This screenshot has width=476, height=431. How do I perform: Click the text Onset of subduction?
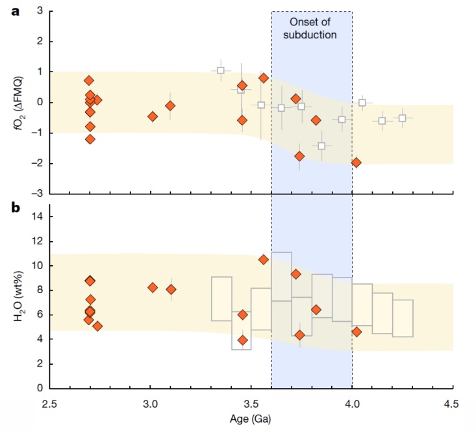click(x=312, y=28)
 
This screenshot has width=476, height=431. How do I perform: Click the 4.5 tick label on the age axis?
click(x=453, y=403)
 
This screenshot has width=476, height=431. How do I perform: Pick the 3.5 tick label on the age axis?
click(x=251, y=403)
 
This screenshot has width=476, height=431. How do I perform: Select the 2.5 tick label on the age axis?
click(x=50, y=403)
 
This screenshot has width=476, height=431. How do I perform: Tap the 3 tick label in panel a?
click(x=40, y=11)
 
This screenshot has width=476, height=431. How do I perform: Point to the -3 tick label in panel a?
click(x=38, y=193)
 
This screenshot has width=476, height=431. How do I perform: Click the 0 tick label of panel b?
click(x=40, y=388)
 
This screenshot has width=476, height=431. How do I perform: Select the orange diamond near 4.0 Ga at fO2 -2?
click(x=356, y=163)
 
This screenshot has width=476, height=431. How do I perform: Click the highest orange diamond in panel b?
click(x=264, y=259)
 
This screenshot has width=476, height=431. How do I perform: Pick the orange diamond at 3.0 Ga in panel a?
click(x=153, y=116)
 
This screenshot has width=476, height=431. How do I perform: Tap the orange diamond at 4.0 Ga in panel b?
click(x=356, y=332)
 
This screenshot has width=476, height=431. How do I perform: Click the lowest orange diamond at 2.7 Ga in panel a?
click(x=90, y=139)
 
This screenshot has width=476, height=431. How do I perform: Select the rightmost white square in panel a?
click(x=403, y=118)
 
